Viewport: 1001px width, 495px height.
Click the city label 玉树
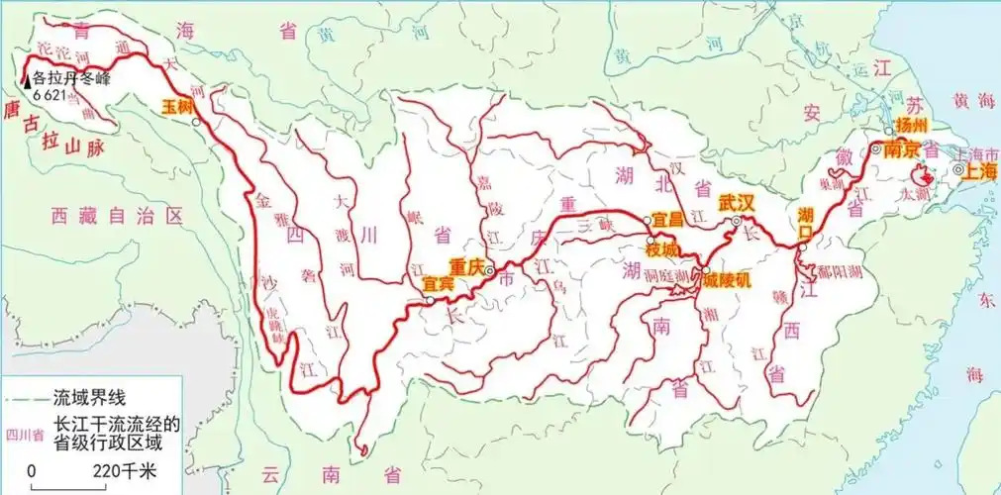[x=178, y=105]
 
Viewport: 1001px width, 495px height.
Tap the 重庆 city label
[x=465, y=266]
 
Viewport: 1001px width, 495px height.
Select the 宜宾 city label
[x=438, y=283]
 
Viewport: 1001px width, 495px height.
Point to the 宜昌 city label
[x=669, y=219]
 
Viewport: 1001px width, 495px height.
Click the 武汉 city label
[x=738, y=201]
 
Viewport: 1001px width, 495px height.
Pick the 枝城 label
[x=665, y=249]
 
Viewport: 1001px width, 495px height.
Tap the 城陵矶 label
[x=728, y=280]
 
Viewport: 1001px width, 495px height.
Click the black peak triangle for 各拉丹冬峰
[x=27, y=81]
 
